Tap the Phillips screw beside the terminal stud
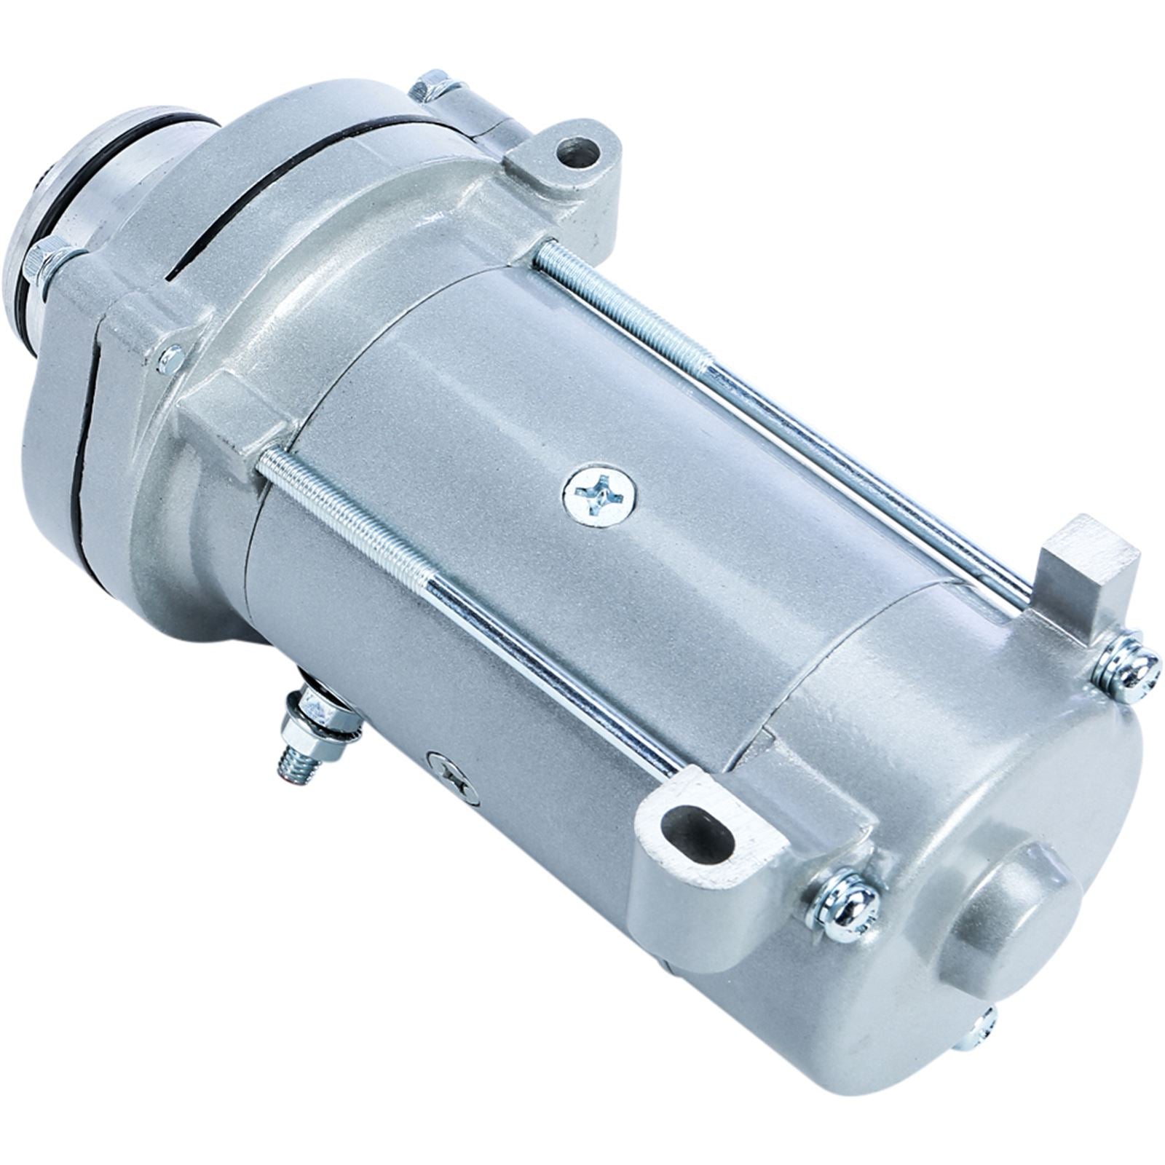pos(454,778)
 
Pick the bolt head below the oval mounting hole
pos(845,907)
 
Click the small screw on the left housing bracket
pos(170,359)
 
